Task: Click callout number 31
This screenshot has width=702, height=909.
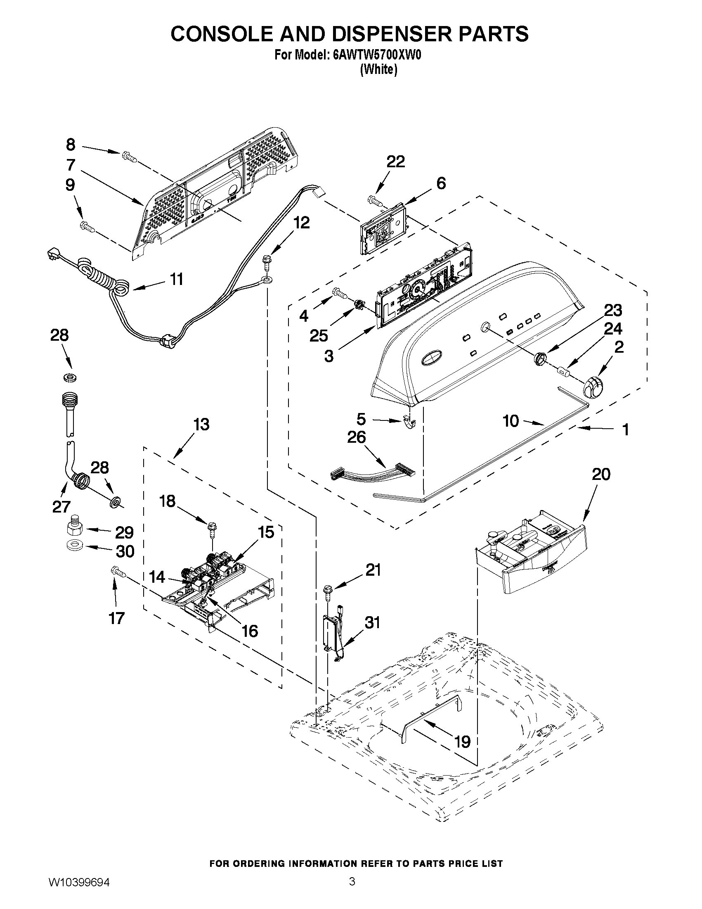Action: tap(372, 623)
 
